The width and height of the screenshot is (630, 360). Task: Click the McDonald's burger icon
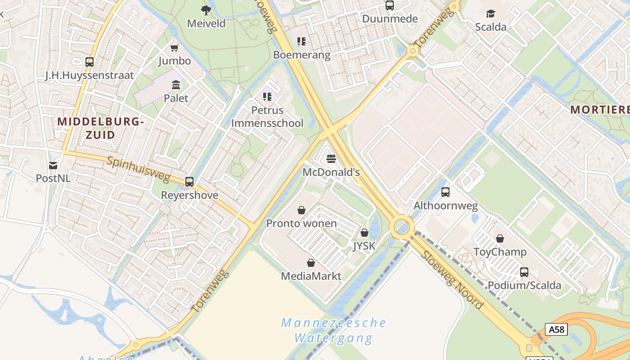[331, 158]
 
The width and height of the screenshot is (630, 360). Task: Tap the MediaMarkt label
[311, 276]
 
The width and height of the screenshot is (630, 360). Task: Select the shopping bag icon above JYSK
[364, 233]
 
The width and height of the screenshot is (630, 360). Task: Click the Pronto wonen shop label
[301, 223]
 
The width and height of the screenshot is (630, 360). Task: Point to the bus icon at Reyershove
[189, 182]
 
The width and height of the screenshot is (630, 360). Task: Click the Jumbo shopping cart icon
[175, 48]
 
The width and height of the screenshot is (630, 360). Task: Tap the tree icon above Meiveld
[206, 10]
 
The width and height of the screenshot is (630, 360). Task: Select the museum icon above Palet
[176, 85]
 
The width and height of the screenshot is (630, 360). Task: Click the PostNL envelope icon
[53, 165]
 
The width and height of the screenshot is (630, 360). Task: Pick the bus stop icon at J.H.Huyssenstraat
[90, 62]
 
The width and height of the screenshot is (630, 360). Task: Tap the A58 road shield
[556, 329]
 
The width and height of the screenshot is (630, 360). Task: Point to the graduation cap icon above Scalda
[490, 14]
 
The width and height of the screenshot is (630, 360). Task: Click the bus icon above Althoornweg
[445, 192]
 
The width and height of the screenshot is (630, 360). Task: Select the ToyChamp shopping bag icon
[500, 238]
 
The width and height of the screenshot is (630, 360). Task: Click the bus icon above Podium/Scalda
[524, 272]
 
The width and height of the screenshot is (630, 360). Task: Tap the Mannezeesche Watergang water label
[333, 330]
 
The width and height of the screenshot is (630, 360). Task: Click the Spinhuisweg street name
[138, 169]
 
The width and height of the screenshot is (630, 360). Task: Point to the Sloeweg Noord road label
[452, 280]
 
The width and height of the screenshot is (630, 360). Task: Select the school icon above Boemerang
[301, 41]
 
